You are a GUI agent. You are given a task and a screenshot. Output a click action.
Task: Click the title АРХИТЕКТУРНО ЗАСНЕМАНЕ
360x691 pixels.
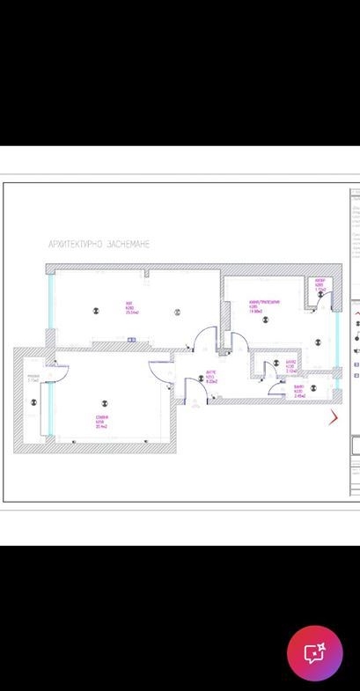tap(99, 244)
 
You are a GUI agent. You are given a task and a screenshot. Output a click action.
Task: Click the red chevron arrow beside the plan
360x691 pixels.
tap(333, 416)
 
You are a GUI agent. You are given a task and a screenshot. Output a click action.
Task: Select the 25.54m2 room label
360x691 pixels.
tap(133, 309)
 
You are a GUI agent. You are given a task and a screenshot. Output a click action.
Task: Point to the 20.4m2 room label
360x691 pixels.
tap(102, 421)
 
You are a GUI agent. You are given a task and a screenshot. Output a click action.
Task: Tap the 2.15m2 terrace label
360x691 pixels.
tap(33, 380)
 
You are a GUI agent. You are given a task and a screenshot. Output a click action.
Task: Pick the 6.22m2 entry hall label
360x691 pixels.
tap(211, 378)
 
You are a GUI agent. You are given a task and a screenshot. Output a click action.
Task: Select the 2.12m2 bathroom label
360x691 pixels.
tap(290, 366)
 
